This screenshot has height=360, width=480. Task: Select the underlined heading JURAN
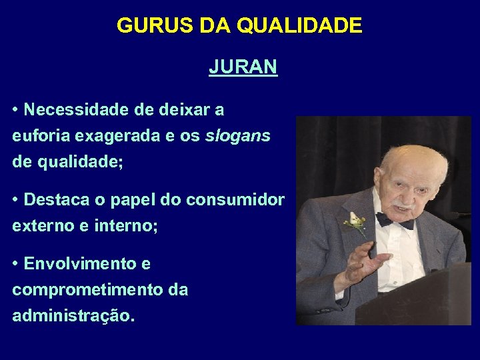click(x=243, y=67)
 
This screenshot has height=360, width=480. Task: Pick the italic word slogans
click(x=238, y=136)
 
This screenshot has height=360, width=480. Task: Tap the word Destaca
click(x=55, y=200)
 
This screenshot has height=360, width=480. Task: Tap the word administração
click(x=73, y=317)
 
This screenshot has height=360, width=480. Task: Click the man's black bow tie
click(x=394, y=220)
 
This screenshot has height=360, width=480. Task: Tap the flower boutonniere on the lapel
click(x=354, y=223)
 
